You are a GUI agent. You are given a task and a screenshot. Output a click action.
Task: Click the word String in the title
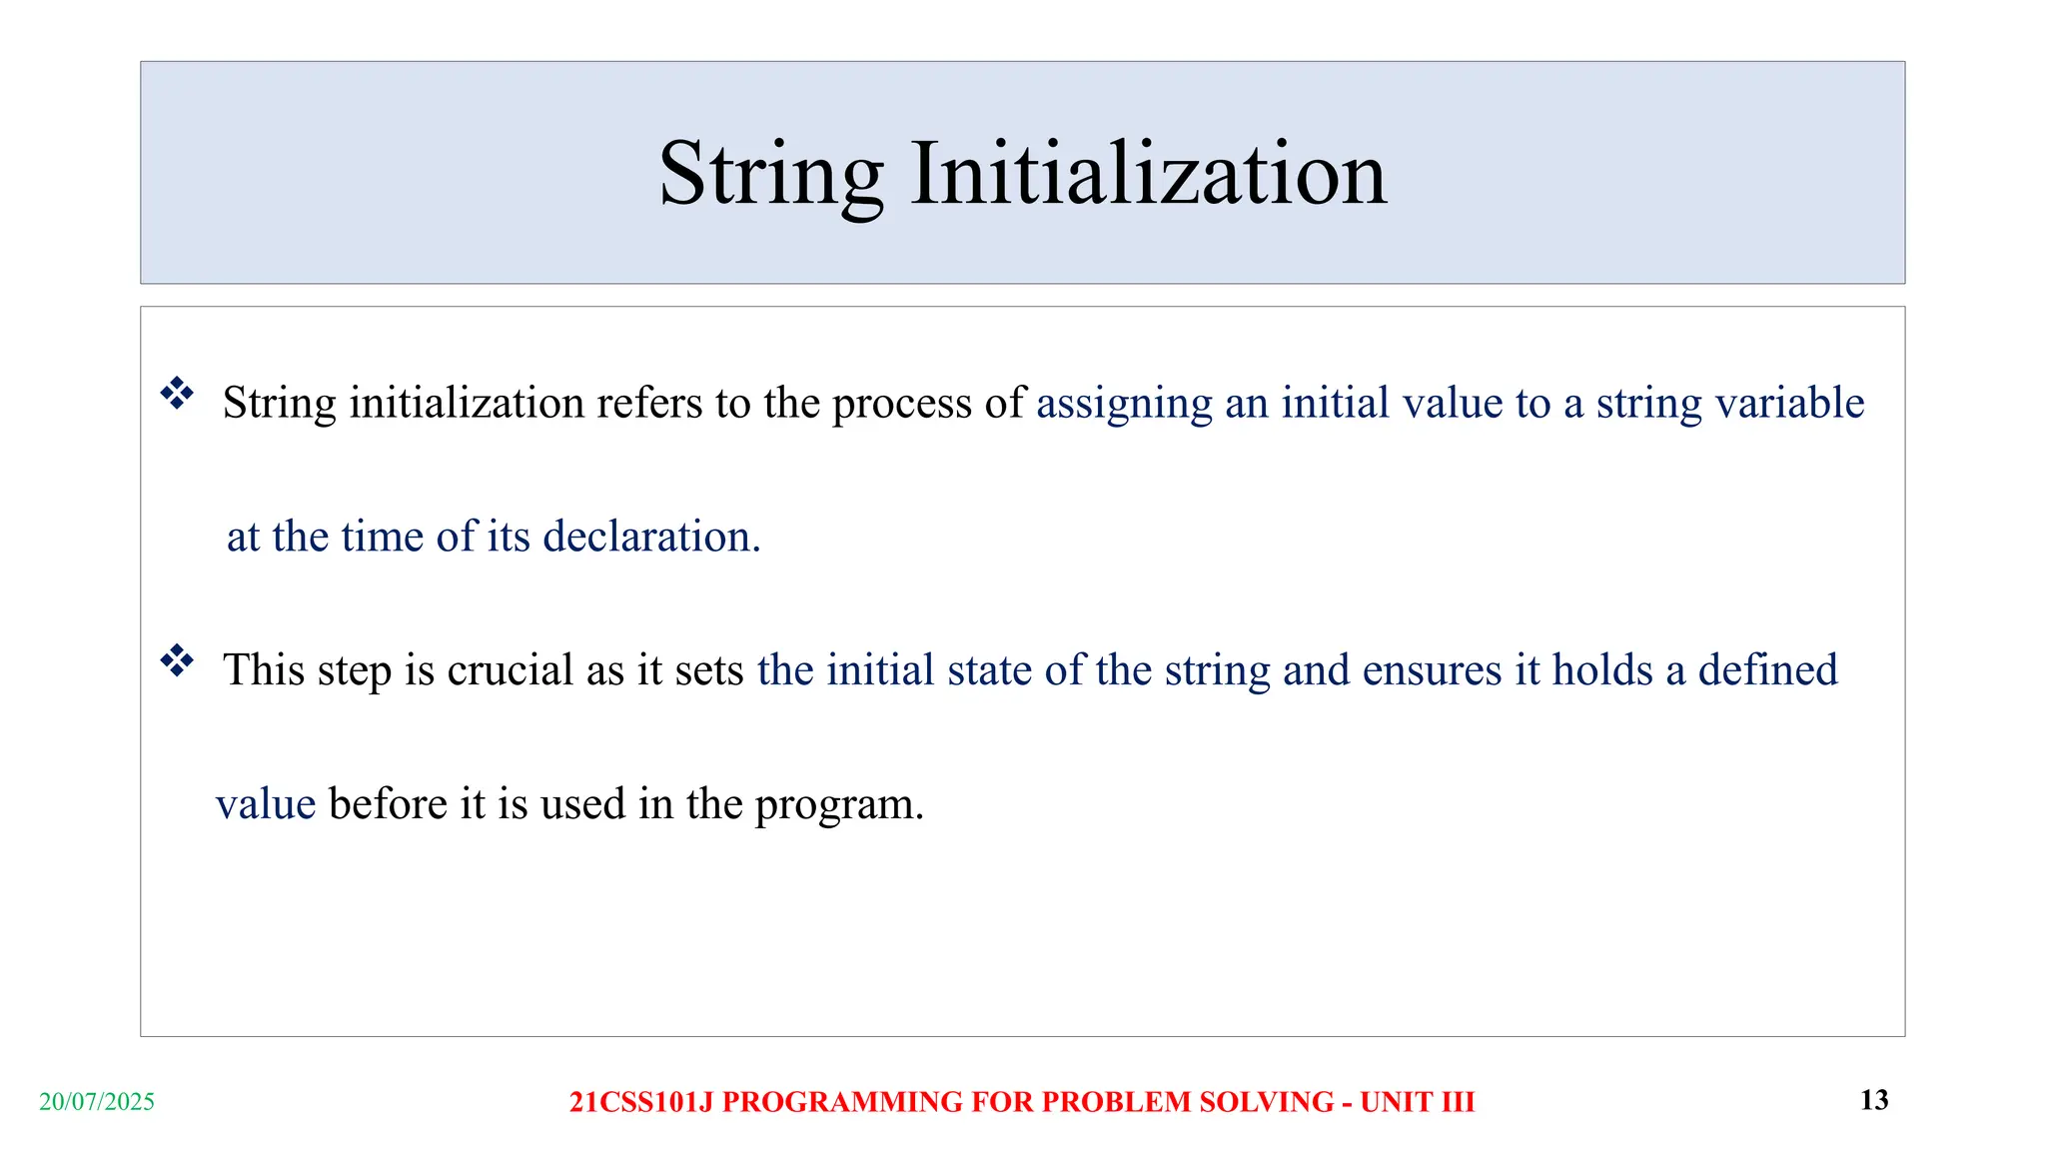770,175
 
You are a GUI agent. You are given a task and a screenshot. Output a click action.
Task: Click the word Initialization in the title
1148,175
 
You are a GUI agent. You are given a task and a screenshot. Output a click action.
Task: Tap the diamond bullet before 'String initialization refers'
177,393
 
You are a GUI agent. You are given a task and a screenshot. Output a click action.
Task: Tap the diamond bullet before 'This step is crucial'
177,660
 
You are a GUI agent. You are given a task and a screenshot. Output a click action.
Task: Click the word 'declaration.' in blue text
651,537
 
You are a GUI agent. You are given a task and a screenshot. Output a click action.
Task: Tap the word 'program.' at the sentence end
839,805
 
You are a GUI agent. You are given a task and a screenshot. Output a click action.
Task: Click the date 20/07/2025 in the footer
97,1102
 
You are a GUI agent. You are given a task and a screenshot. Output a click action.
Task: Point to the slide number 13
1874,1100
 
